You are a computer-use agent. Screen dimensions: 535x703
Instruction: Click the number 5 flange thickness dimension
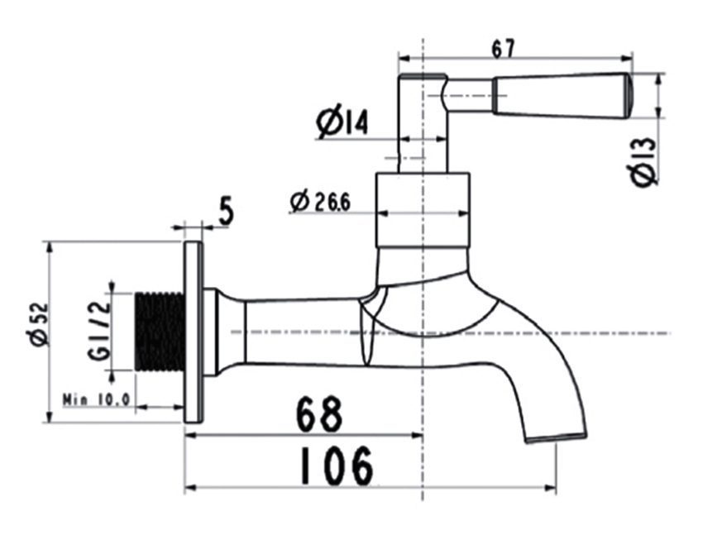click(x=224, y=212)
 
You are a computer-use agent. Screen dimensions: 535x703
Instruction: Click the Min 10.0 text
click(x=98, y=399)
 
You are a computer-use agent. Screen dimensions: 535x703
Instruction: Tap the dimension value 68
click(x=319, y=414)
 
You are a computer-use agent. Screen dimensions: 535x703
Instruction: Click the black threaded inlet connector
click(x=159, y=331)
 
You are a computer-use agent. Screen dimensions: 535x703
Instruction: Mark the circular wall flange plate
click(x=193, y=332)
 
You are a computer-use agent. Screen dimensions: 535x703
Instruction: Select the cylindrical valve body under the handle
click(x=423, y=210)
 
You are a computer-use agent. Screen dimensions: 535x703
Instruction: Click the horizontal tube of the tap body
click(x=302, y=332)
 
